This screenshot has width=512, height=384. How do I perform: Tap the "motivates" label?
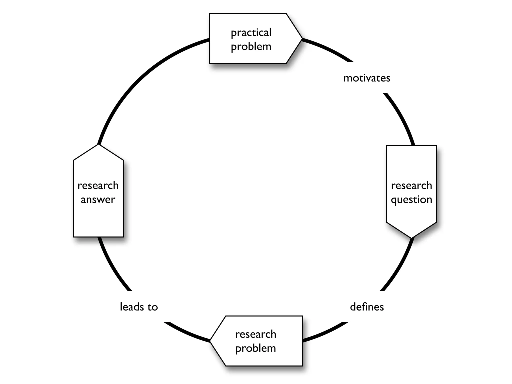(x=367, y=78)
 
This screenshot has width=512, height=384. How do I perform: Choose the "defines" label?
(x=367, y=307)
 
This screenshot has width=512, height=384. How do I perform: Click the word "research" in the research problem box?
(x=255, y=334)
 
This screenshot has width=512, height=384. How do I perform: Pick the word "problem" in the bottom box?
(x=255, y=348)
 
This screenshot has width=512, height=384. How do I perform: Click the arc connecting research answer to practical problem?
(x=140, y=75)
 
